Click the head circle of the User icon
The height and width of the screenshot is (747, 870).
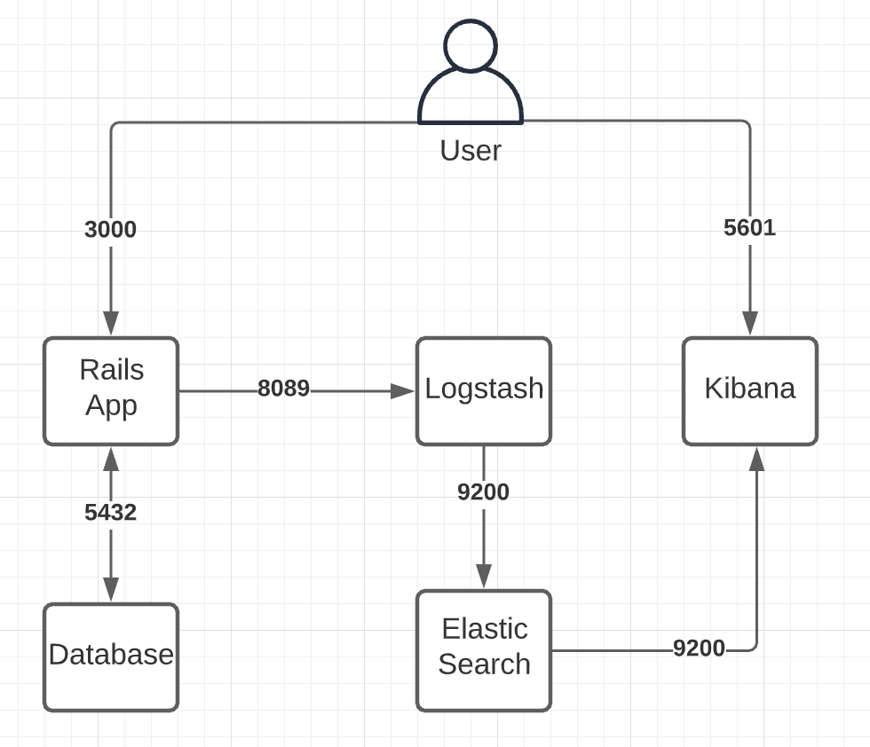[x=471, y=44]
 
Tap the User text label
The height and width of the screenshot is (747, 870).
[x=471, y=150]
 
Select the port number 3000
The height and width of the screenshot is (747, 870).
[x=110, y=230]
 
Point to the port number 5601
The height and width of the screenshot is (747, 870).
[x=749, y=228]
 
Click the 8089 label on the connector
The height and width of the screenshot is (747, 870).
[x=283, y=389]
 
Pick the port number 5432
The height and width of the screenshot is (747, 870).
[x=110, y=512]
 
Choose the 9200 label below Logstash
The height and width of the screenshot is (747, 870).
[x=483, y=491]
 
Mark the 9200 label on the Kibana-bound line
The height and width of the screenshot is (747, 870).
[x=699, y=649]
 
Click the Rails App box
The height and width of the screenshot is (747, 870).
[x=111, y=390]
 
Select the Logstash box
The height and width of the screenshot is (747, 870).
[x=484, y=390]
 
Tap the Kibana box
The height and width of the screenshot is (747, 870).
[x=749, y=390]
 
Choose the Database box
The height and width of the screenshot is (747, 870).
[x=111, y=657]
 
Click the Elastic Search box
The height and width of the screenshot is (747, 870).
[x=484, y=649]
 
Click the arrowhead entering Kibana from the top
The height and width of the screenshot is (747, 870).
[x=750, y=325]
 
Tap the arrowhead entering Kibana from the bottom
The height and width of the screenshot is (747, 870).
[x=756, y=458]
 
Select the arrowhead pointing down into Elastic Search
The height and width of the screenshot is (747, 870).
[x=484, y=576]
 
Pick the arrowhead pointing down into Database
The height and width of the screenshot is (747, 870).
[x=111, y=589]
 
